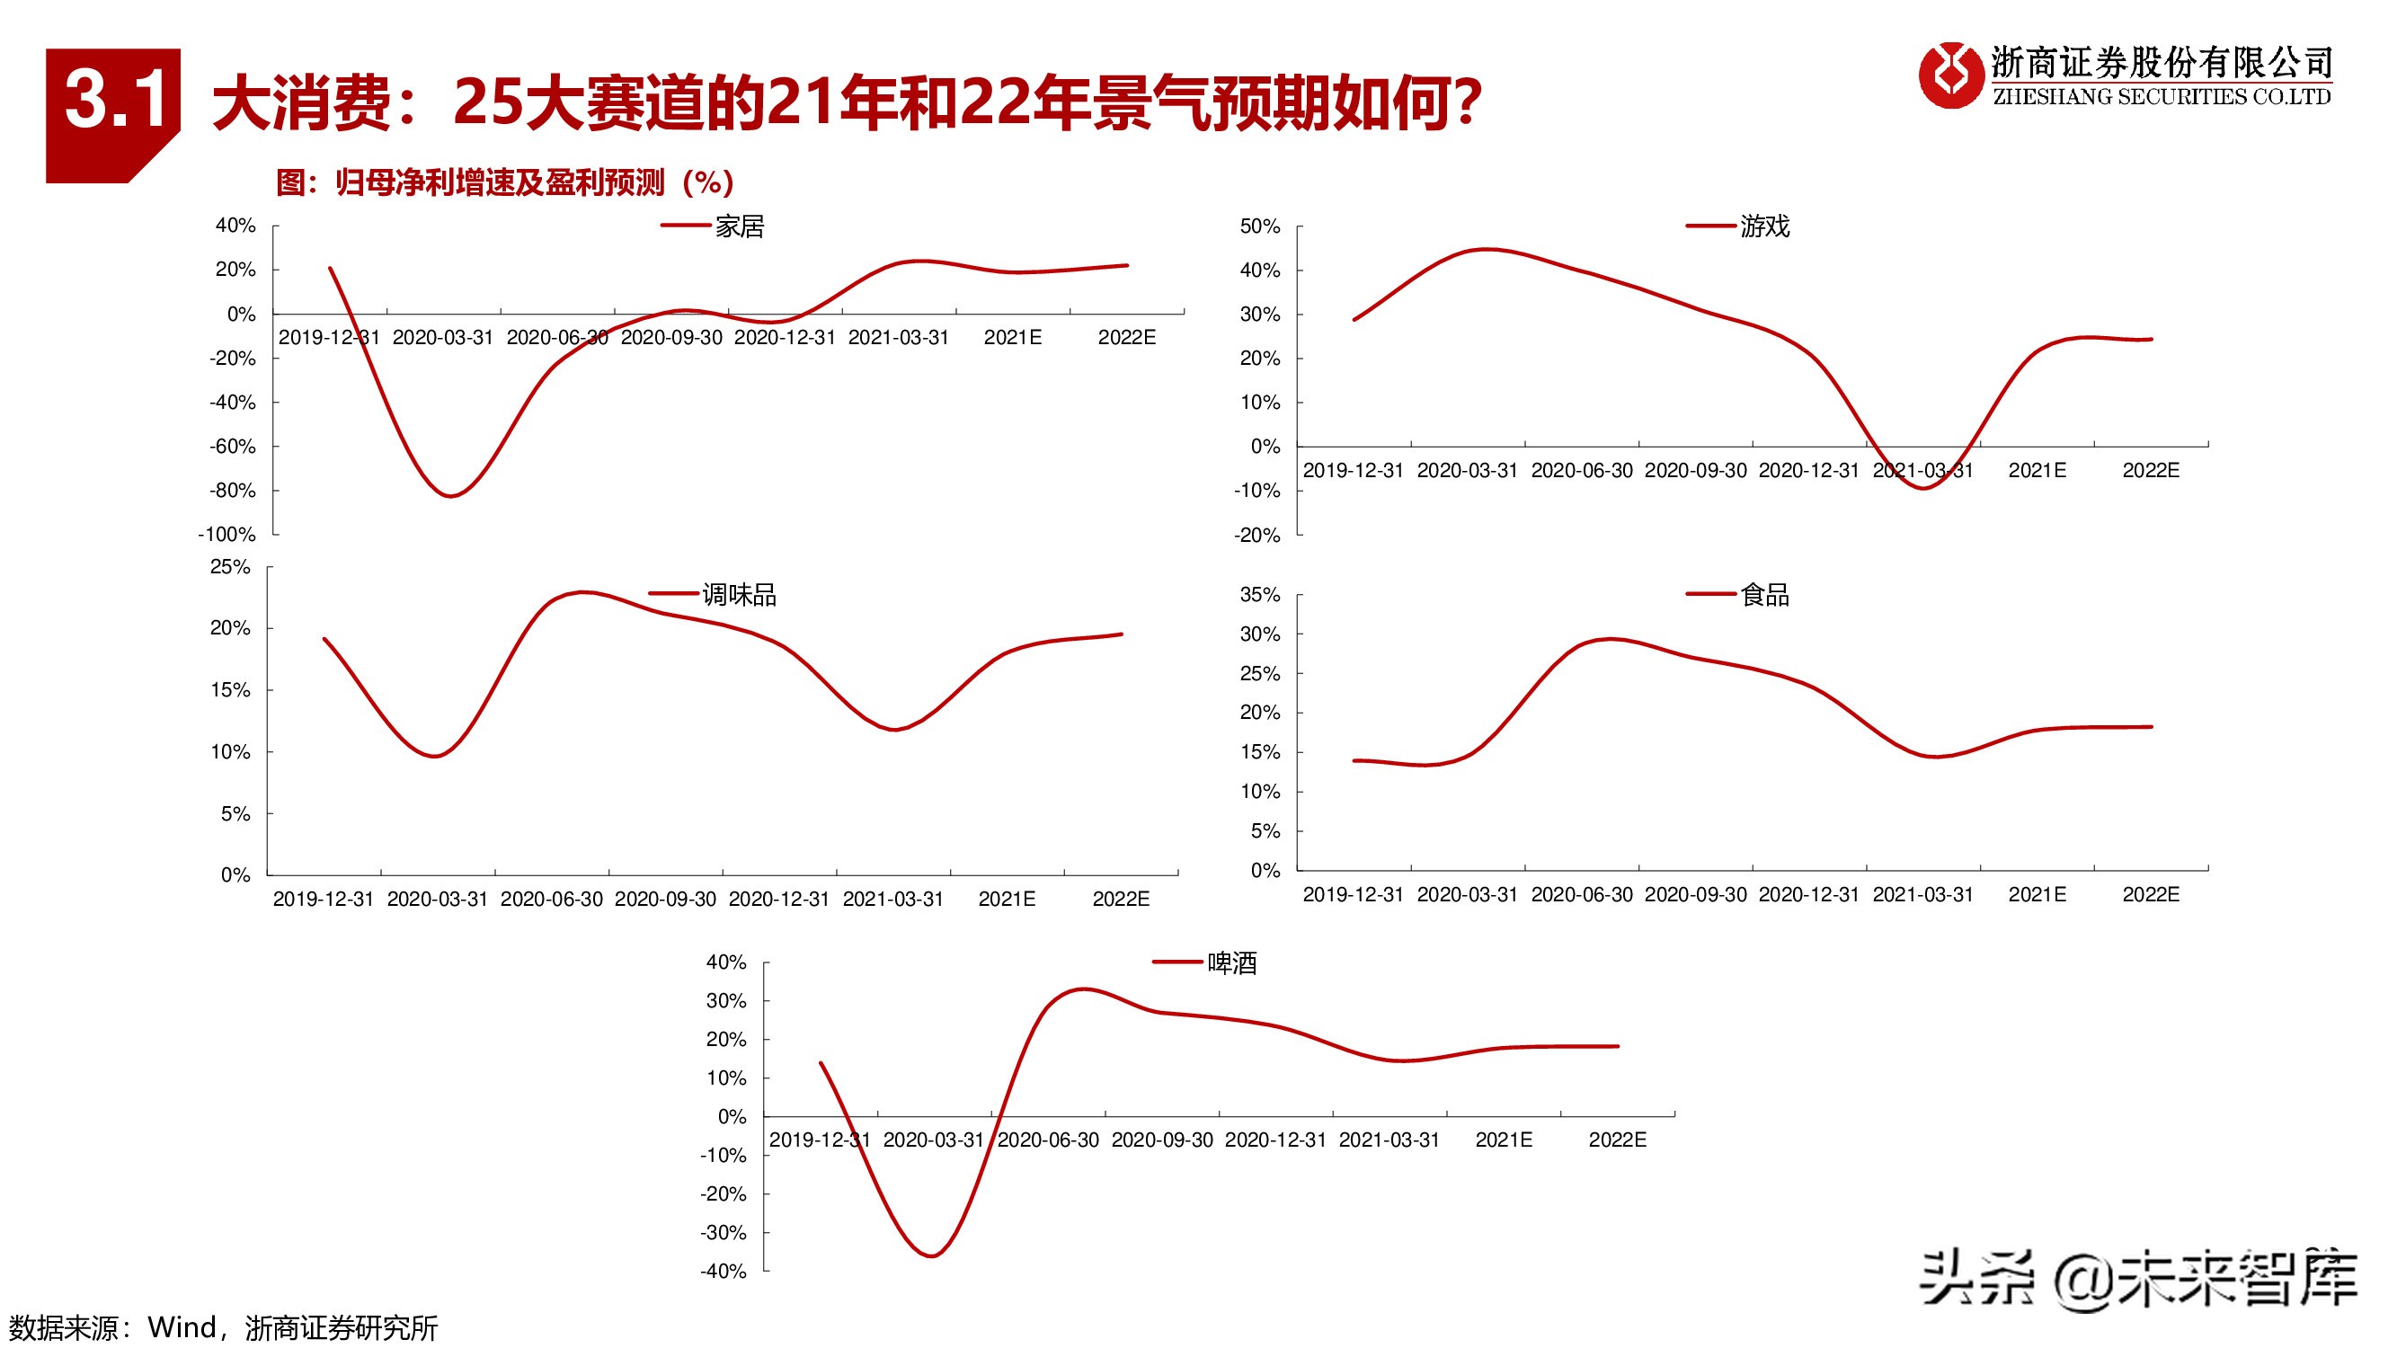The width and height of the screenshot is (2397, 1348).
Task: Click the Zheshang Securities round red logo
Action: point(1950,75)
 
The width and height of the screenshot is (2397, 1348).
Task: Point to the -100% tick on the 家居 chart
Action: point(227,534)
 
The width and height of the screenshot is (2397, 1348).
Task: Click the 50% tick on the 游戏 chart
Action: point(1260,226)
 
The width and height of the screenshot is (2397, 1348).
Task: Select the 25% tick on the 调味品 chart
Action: point(230,566)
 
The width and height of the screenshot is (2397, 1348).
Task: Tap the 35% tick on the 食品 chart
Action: point(1260,594)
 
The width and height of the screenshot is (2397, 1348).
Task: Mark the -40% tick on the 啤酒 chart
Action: point(723,1271)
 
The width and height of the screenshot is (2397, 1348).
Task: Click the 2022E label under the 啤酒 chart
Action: point(1617,1140)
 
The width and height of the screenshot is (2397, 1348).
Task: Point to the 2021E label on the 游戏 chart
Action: point(2037,471)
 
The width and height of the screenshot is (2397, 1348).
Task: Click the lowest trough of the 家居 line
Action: point(451,496)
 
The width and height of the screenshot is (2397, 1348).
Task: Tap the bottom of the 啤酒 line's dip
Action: point(932,1256)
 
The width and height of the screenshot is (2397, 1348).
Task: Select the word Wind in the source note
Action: point(182,1327)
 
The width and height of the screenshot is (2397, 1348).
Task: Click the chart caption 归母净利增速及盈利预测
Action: point(501,182)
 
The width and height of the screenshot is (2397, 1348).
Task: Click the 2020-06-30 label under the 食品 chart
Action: point(1582,895)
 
